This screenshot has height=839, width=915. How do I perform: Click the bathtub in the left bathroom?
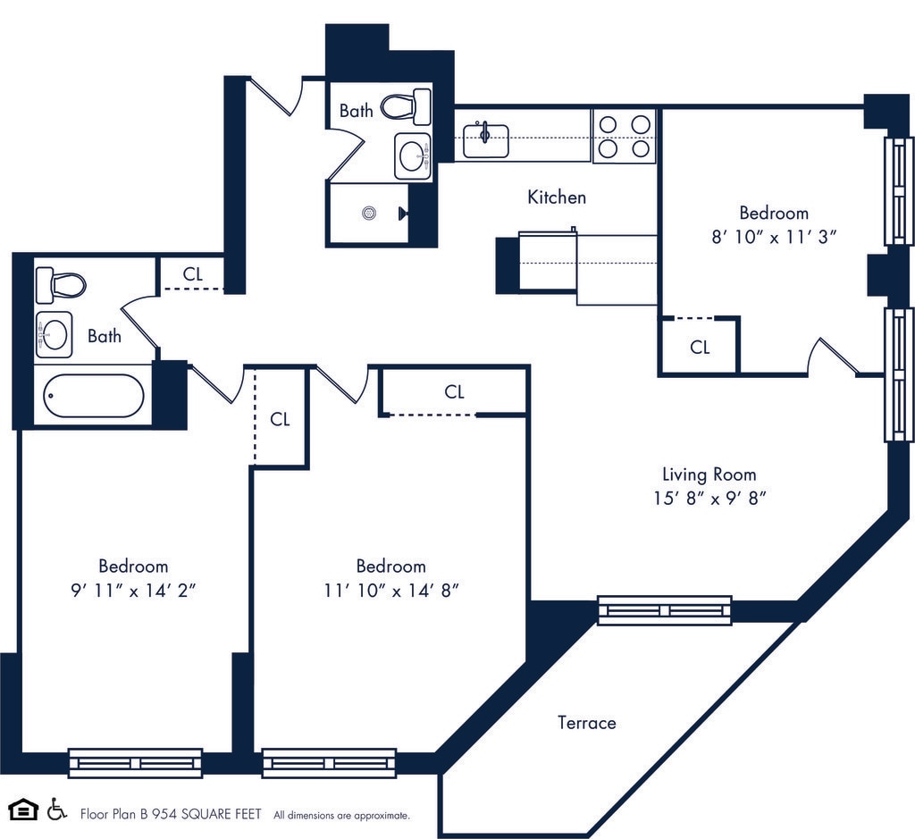[93, 395]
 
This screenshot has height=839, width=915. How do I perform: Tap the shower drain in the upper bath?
[367, 213]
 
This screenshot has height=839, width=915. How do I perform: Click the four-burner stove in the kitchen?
[625, 136]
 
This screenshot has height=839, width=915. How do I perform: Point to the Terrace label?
[586, 722]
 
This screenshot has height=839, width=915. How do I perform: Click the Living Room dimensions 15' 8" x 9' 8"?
[709, 499]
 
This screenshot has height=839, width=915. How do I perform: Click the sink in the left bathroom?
[54, 334]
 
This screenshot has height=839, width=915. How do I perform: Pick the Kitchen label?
[557, 197]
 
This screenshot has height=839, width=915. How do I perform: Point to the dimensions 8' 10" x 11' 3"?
[774, 237]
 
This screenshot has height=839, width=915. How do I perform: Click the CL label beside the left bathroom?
[193, 273]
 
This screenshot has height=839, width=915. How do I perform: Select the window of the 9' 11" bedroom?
[135, 763]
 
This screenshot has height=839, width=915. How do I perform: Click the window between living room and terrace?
[665, 610]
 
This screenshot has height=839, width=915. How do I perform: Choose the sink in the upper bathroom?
[413, 156]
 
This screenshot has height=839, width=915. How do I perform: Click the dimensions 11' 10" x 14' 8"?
[390, 590]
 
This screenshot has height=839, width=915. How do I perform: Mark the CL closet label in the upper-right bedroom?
[700, 347]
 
